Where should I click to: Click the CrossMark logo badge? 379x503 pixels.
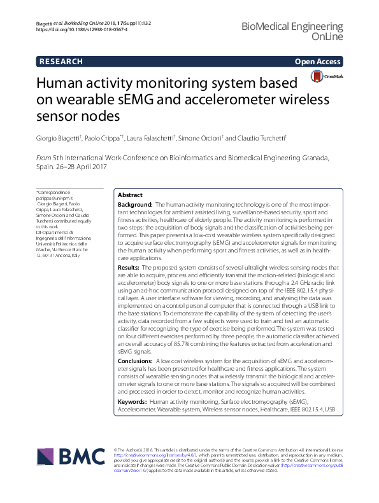click(327, 77)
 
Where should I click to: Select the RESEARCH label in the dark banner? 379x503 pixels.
click(61, 62)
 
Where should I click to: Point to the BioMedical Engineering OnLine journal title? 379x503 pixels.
click(301, 32)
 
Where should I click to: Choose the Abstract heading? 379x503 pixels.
click(131, 195)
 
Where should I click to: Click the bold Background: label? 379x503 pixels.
click(137, 205)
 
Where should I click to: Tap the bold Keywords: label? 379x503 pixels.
click(133, 403)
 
